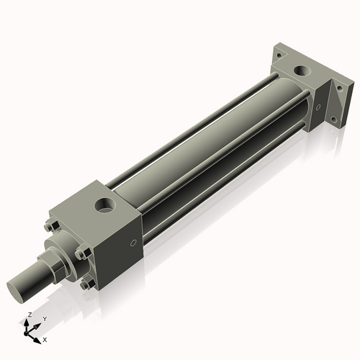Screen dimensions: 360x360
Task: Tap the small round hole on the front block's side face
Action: click(133, 243)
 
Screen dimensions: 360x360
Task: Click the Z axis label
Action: click(29, 315)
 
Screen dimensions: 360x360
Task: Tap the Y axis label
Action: click(44, 318)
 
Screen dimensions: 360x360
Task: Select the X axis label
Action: click(45, 338)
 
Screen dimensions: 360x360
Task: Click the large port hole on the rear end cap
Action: click(299, 73)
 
